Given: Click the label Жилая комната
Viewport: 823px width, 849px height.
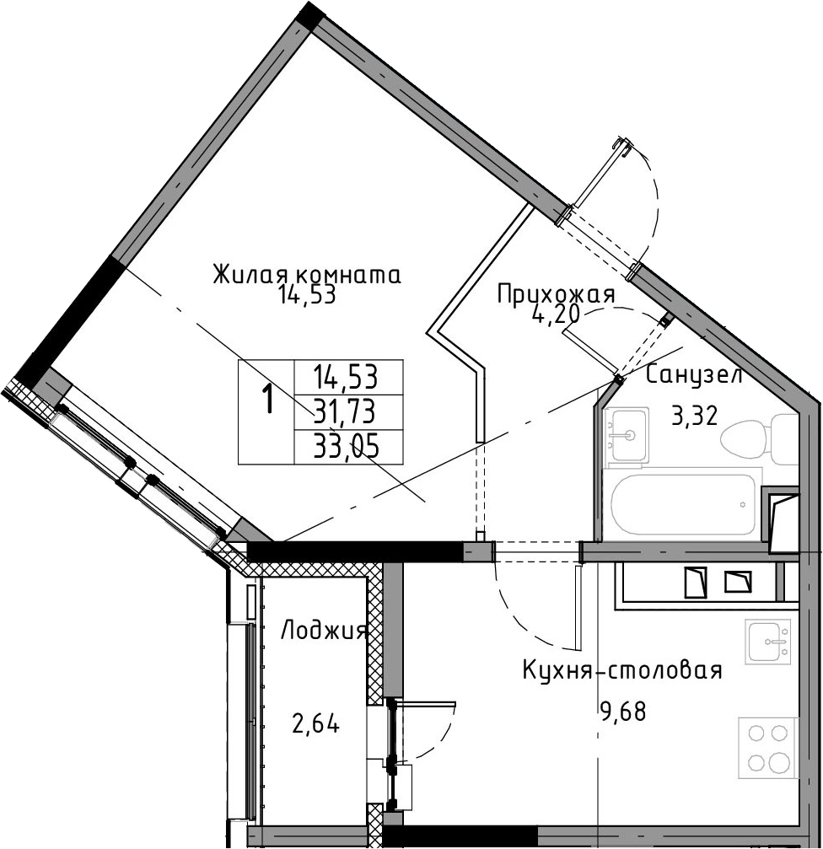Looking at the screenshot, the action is (307, 275).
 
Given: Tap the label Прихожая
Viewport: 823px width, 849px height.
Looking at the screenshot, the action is (556, 295).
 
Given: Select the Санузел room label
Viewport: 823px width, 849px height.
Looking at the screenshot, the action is (694, 374).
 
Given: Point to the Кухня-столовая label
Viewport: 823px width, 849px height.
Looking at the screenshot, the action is (622, 670).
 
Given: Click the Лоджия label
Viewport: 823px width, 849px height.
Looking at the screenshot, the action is (325, 631).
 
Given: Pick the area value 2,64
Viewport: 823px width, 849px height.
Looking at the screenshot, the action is (315, 724).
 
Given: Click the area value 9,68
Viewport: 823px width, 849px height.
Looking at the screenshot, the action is (622, 711).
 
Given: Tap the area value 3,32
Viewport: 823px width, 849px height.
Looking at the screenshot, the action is (694, 416).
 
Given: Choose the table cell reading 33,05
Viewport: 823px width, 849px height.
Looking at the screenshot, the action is (347, 448).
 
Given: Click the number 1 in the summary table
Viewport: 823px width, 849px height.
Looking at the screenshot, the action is (267, 402).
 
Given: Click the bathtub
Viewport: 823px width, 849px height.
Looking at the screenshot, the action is (683, 504).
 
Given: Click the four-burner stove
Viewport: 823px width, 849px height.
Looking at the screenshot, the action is (768, 748).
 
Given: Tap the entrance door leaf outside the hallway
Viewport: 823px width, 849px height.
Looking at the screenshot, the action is (595, 176).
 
